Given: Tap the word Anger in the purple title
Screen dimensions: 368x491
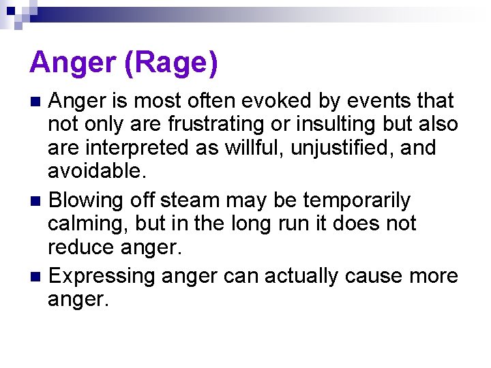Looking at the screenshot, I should [63, 63].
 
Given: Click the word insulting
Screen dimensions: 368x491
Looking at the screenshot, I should [326, 125].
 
